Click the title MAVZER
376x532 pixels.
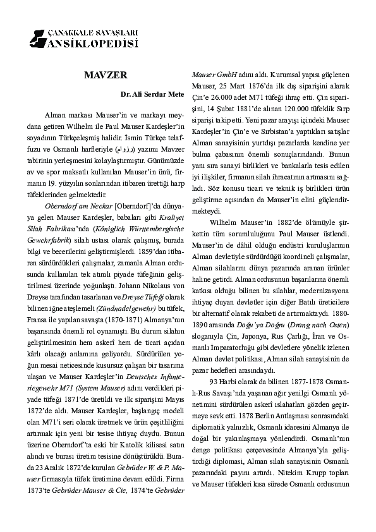[106, 75]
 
